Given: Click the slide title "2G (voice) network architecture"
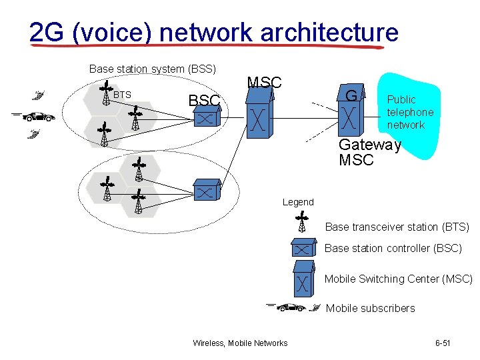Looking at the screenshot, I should point(213,32).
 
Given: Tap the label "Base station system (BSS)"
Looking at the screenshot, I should point(153,69).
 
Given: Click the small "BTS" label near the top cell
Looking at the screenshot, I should point(122,95).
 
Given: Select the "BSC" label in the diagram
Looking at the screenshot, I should point(204,101).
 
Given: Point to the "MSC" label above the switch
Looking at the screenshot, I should point(265,83).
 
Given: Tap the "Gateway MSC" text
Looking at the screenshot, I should point(369,153).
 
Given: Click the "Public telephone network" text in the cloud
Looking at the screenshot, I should point(410,112).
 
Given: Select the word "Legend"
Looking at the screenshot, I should point(298,202).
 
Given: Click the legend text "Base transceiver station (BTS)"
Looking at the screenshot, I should point(397,227).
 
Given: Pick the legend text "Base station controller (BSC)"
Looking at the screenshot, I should point(393,248).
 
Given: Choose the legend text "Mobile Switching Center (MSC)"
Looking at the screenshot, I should point(398,279).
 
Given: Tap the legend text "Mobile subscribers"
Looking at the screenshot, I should point(370,308).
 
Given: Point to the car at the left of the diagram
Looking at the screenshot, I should point(38,117).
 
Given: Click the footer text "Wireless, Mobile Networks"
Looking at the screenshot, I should point(240,343).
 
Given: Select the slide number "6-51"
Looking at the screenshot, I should point(443,343).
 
